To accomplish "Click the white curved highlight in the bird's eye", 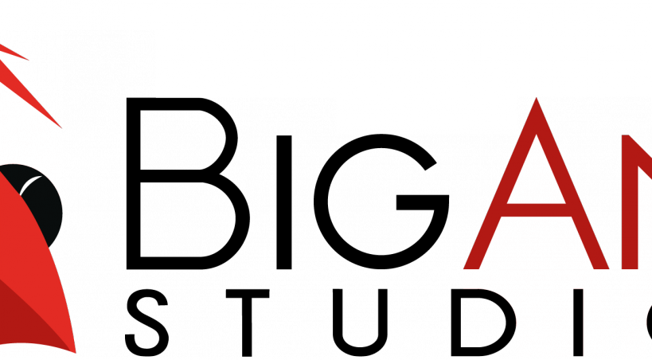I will point(30,185).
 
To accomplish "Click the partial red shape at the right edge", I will point(637,239).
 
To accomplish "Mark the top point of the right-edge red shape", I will point(627,136).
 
